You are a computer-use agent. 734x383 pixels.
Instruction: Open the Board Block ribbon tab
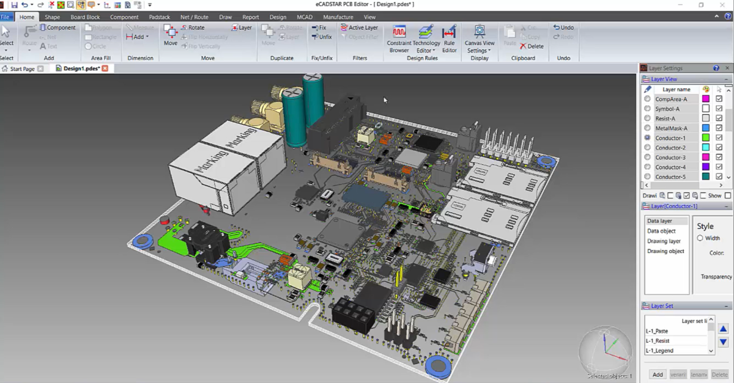pos(85,17)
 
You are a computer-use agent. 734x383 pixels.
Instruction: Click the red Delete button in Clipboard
pos(532,46)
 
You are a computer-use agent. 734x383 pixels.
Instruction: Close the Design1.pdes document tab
pos(105,68)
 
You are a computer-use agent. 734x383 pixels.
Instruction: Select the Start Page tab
pos(22,69)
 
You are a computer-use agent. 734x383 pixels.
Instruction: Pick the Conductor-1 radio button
pos(647,138)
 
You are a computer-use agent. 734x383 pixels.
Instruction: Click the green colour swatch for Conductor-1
pos(705,138)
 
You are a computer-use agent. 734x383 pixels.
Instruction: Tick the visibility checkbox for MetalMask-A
pos(719,128)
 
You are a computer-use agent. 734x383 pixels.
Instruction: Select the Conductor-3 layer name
pos(670,158)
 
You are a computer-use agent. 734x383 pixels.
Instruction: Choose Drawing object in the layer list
pos(666,251)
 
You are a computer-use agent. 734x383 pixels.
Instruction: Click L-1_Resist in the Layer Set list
pos(658,341)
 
